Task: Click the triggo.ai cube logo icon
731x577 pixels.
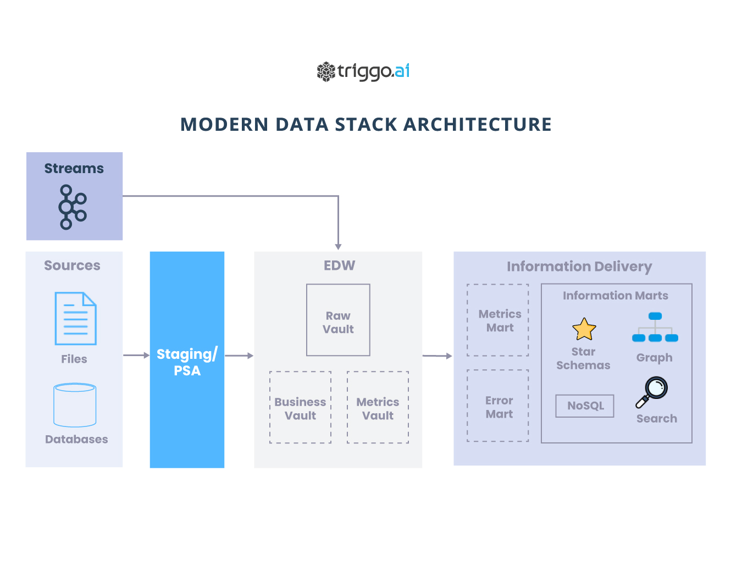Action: tap(326, 71)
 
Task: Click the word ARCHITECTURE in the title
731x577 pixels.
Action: tap(477, 124)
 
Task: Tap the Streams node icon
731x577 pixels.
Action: tap(73, 207)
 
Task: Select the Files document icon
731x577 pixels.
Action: tap(75, 319)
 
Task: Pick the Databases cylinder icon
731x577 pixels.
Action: tap(75, 405)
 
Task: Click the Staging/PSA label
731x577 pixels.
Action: tap(187, 362)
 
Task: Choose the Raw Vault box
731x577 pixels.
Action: tap(338, 320)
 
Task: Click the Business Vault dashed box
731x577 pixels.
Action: tap(300, 407)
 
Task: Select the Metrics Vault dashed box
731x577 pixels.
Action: tap(378, 407)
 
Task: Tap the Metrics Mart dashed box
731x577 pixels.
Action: tap(497, 320)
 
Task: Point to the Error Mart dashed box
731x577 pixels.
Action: tap(497, 406)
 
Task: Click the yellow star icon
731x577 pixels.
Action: tap(584, 329)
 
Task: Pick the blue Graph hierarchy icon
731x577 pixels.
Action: tap(655, 327)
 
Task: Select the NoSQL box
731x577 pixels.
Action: tap(585, 406)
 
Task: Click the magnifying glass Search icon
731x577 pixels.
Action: tap(651, 392)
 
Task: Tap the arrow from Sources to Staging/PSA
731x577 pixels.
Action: tap(136, 355)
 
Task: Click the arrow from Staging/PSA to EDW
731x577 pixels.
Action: tap(239, 356)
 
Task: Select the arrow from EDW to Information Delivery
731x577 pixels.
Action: tap(437, 356)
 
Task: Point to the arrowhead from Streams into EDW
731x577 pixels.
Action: tap(338, 247)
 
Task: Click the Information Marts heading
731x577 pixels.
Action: tap(615, 296)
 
